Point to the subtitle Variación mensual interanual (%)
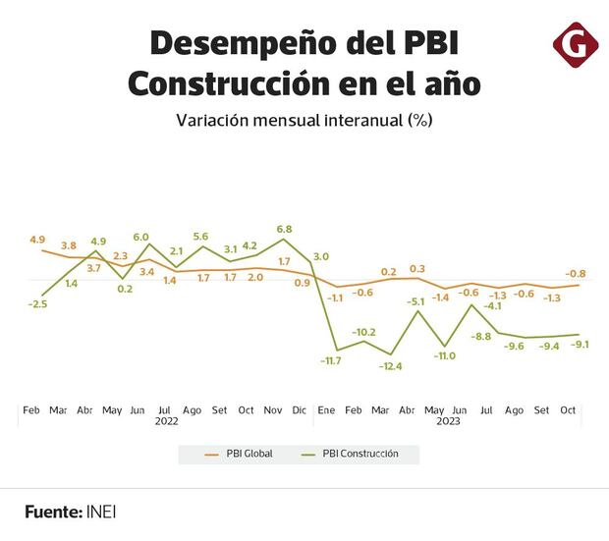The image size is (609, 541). (304, 122)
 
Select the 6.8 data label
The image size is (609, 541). (285, 229)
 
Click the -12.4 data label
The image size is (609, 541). (391, 366)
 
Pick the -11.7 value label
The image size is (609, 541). (330, 361)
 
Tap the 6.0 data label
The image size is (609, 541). (140, 237)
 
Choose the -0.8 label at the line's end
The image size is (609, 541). (576, 273)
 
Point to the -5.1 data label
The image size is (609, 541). (417, 300)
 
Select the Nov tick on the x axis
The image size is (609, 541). (274, 409)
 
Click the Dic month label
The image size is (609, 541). (300, 409)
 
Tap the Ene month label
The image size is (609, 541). (326, 409)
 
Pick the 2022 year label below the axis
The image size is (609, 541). (166, 422)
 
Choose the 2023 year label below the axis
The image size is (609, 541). (448, 422)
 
